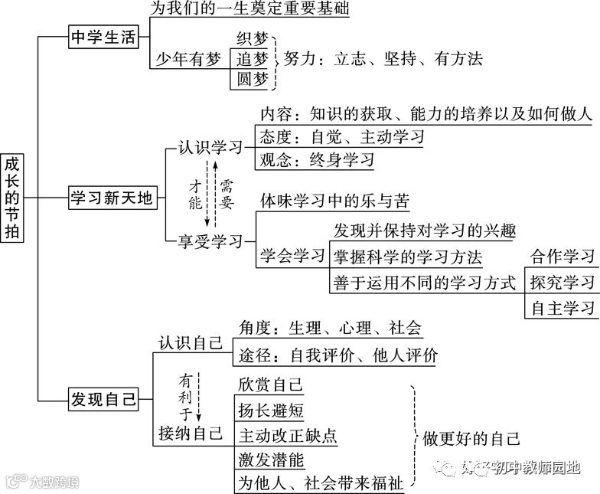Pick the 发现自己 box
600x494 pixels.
[x=103, y=399]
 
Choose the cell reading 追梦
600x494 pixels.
[x=253, y=59]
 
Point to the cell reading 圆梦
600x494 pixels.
[x=253, y=79]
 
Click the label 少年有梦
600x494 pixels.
[x=188, y=59]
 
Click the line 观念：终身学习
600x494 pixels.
[x=317, y=160]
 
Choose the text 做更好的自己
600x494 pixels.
[x=471, y=438]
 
